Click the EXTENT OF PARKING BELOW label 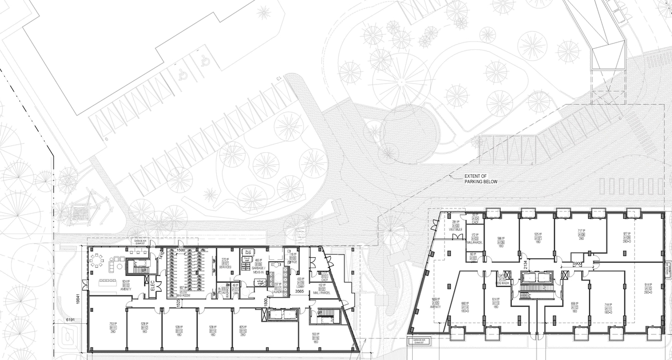[480, 179]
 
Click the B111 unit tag [113, 327]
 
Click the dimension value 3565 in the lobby [300, 291]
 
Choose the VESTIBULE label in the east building [455, 229]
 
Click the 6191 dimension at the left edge [71, 320]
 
